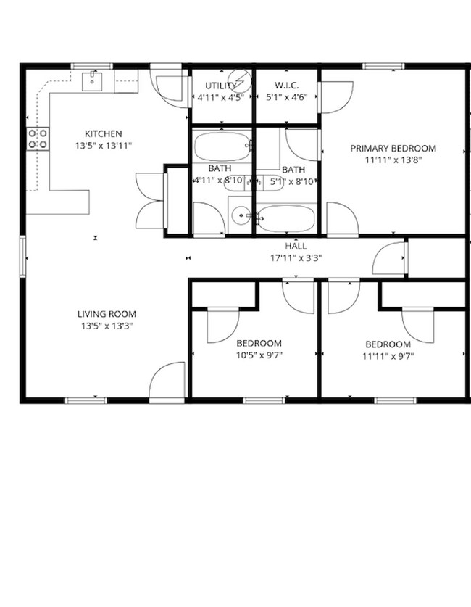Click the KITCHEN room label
(103, 134)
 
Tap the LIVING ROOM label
(107, 314)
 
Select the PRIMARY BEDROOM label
(393, 149)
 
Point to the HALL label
(295, 246)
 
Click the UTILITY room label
(220, 86)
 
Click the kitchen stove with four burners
(38, 139)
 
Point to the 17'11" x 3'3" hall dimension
(295, 257)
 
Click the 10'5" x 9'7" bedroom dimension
(259, 356)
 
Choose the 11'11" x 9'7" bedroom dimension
(388, 356)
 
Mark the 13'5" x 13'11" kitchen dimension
(103, 146)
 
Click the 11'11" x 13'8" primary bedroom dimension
(393, 160)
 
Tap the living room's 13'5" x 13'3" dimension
(107, 326)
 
